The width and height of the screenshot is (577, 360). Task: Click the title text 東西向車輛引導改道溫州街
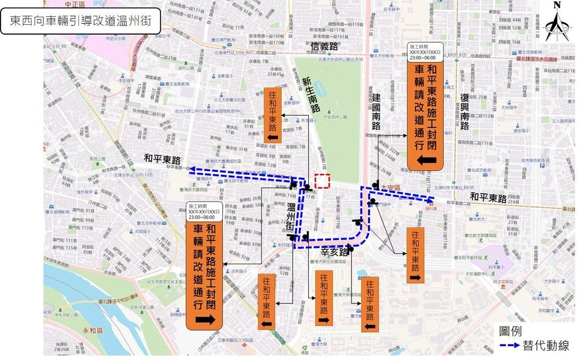click(81, 22)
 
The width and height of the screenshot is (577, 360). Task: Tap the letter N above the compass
click(557, 5)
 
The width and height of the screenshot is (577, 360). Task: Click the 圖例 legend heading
click(510, 331)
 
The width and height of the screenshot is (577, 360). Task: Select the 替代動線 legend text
click(546, 346)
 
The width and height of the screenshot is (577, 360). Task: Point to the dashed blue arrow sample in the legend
click(509, 346)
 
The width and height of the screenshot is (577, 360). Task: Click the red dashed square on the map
click(322, 181)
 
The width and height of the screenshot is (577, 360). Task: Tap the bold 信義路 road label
click(324, 46)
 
